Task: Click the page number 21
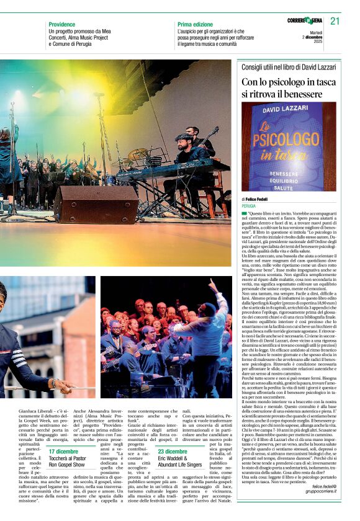click(335, 21)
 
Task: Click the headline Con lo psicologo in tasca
click(289, 87)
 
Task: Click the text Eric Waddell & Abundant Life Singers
click(179, 462)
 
